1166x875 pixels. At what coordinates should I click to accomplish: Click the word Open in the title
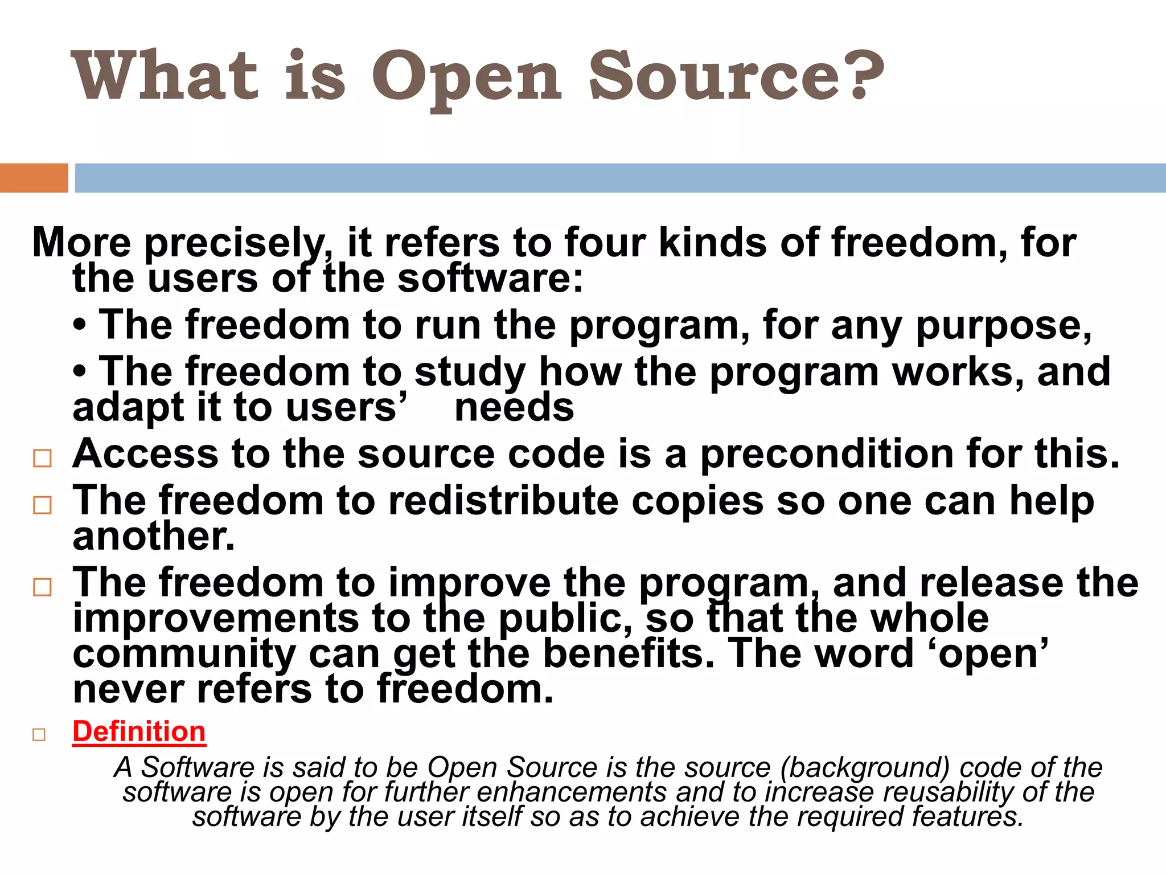[467, 77]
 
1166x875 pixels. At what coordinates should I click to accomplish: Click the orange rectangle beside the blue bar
[34, 178]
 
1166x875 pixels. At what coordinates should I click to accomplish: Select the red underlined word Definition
[139, 731]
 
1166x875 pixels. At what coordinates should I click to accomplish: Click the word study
[470, 373]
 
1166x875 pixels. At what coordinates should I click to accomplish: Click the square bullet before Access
[43, 458]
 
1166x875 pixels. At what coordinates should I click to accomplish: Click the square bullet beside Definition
[39, 734]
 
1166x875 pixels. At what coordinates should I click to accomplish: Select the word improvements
[216, 619]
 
